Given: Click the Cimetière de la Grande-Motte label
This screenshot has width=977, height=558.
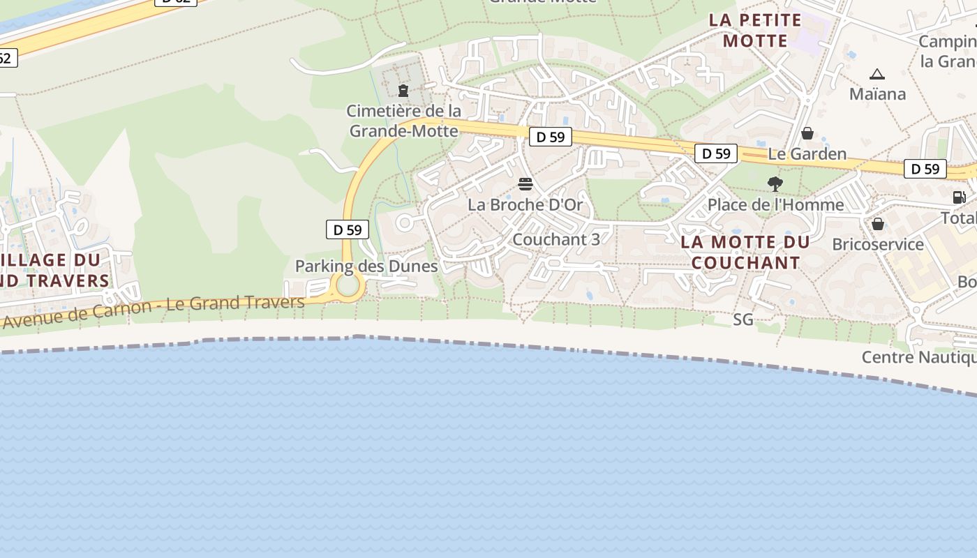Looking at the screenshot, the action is (404, 121).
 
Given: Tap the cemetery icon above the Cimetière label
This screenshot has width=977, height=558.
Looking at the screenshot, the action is (403, 91).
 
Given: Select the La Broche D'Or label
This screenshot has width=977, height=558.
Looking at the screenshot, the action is (525, 204).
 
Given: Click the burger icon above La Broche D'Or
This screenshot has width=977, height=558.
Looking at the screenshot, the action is (525, 184).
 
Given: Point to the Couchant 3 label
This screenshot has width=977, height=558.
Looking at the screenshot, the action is (556, 239).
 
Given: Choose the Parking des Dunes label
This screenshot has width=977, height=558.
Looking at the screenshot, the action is (366, 266).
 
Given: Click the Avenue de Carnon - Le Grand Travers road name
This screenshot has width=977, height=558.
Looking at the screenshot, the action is (154, 312).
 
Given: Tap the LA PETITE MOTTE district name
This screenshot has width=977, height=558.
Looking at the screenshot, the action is (755, 30).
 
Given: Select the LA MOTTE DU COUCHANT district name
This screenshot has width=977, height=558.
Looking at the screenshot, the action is (745, 252).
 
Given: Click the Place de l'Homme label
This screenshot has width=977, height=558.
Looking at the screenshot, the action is (775, 204).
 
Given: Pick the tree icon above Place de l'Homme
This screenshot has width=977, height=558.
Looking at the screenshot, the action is (775, 184).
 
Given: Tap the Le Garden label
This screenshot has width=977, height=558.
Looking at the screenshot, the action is (807, 153).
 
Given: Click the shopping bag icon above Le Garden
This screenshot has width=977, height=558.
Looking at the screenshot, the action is (807, 133).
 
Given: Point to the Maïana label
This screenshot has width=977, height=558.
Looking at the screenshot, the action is (877, 93).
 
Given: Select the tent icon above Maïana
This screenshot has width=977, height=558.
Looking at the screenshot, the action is (877, 74).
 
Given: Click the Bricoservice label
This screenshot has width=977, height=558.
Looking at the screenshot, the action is (878, 244).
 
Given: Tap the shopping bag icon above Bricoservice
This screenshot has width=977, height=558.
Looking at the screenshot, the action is (878, 224).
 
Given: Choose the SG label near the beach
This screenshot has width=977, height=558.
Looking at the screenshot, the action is (743, 319).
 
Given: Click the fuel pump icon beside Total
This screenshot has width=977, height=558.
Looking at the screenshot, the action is (960, 197).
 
